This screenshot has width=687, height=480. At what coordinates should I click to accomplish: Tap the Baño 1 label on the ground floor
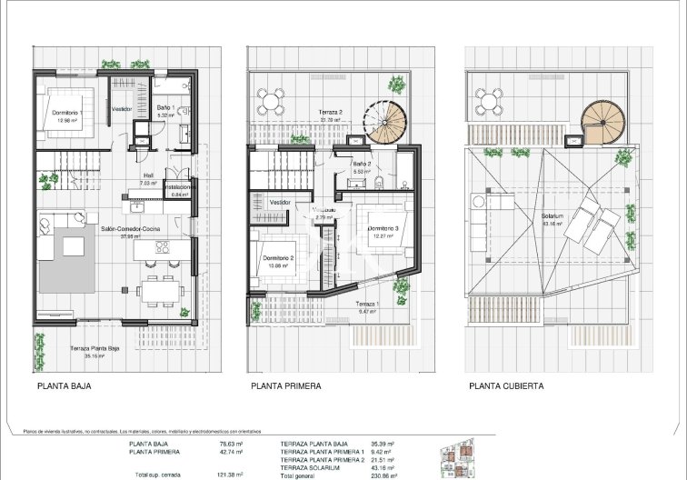[x=165, y=109]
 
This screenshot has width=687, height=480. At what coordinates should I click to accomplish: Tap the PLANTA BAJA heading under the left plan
[x=65, y=385]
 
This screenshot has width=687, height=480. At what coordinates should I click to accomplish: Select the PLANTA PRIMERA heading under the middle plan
[x=286, y=385]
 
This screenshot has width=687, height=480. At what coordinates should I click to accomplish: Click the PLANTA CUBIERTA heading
[x=506, y=385]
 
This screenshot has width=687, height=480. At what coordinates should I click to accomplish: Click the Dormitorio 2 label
[x=278, y=258]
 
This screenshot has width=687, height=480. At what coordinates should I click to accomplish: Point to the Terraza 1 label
[x=367, y=304]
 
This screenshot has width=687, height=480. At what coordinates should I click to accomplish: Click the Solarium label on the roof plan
[x=553, y=216]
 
